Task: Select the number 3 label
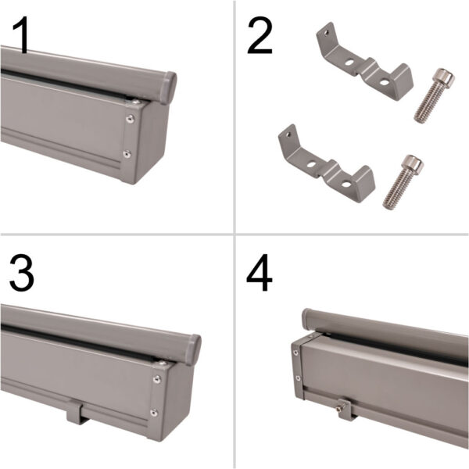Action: [x=22, y=272]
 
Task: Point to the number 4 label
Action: [x=260, y=272]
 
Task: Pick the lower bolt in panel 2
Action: [x=402, y=181]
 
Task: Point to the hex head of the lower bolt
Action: [x=412, y=165]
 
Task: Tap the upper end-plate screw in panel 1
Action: [x=130, y=119]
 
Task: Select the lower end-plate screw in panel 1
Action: [x=126, y=153]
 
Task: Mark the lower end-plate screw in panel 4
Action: [x=298, y=380]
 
